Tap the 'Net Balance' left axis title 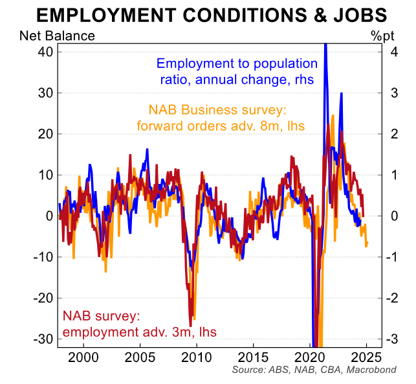tap(57, 36)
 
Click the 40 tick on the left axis tap(41, 52)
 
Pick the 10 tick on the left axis tap(41, 175)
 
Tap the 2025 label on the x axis tap(366, 357)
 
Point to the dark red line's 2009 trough tap(191, 326)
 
